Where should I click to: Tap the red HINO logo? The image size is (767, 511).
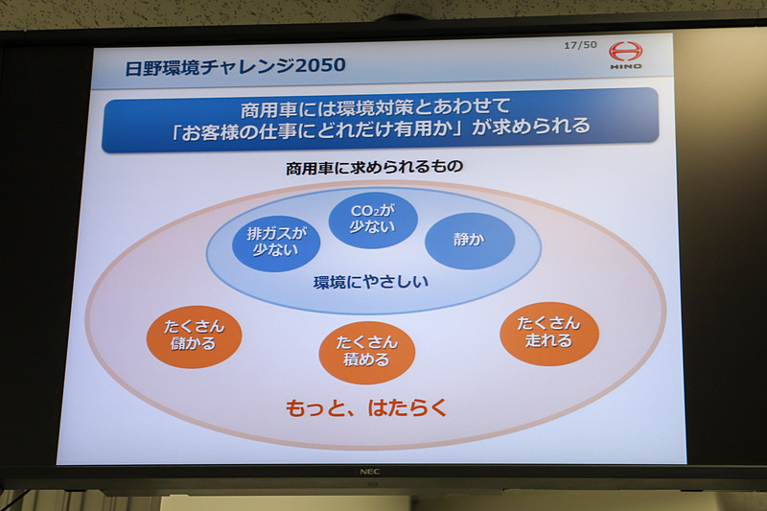pos(626,56)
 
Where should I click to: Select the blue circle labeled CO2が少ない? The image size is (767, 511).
pos(373,219)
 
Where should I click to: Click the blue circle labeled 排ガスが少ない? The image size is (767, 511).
pos(275,242)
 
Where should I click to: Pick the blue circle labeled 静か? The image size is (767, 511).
pos(470,240)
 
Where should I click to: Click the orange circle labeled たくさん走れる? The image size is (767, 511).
pos(549,333)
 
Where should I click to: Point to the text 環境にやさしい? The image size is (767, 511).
pos(371,283)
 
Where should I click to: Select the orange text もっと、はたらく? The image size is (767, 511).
pos(367,407)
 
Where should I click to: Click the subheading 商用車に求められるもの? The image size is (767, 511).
pos(374,167)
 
